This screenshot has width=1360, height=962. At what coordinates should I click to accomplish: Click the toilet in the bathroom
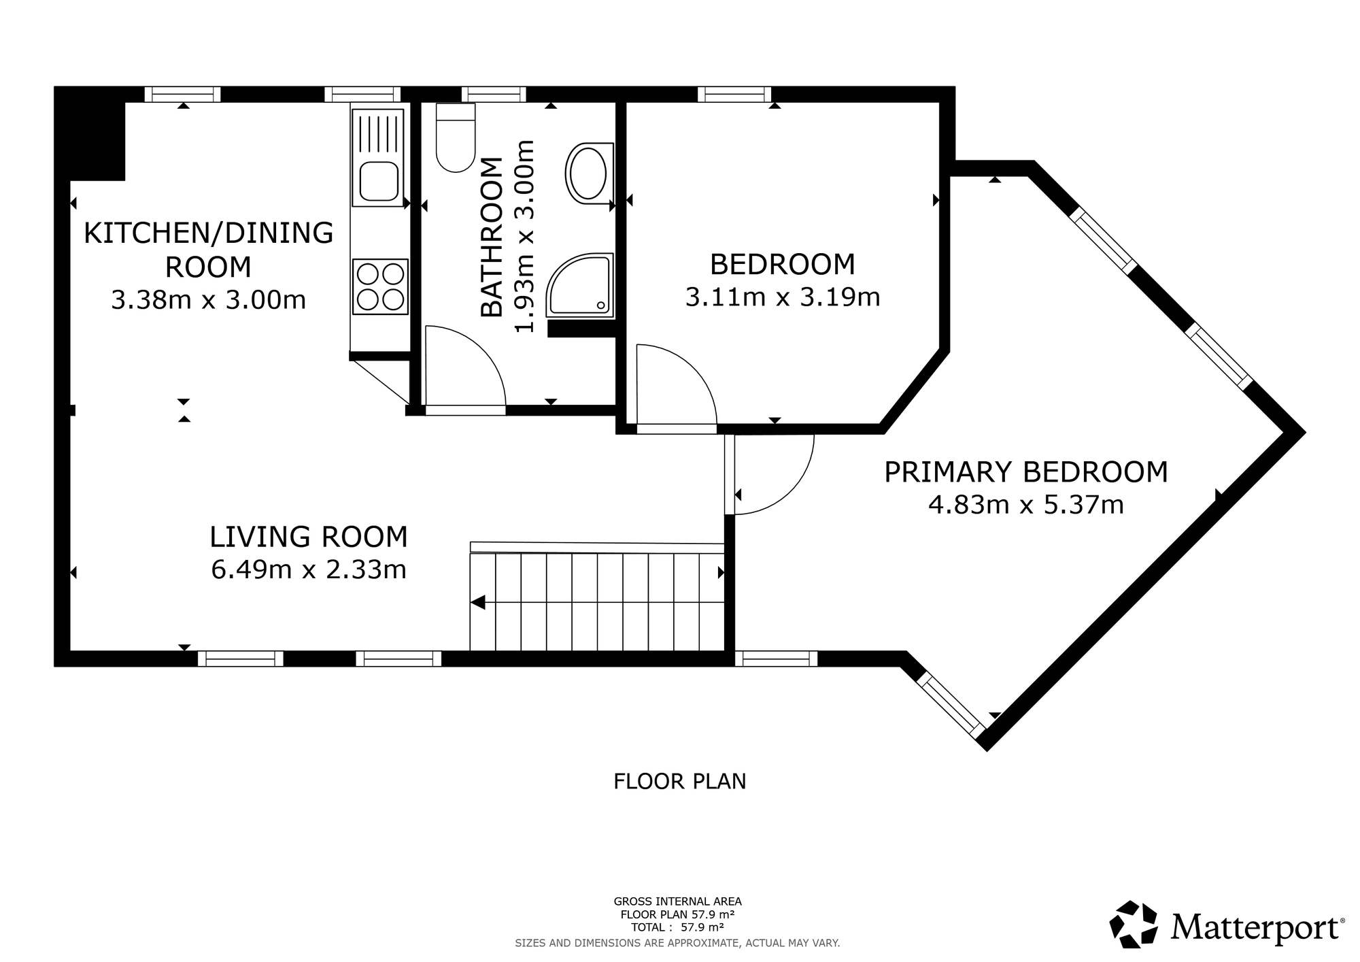coord(455,139)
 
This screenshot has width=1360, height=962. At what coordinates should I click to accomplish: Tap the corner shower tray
coord(580,286)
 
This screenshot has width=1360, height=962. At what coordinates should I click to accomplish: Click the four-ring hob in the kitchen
coord(380,286)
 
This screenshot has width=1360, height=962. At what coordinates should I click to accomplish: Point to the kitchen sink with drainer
coord(377,158)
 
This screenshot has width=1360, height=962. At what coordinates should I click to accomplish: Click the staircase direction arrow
coord(477,602)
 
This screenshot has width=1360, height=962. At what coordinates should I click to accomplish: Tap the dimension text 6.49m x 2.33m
coord(309,570)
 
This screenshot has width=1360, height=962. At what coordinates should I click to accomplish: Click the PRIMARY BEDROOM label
coord(1025,472)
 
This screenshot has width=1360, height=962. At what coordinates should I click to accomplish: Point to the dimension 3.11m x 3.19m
coord(782,297)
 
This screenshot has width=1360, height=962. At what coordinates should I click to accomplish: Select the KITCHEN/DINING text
coord(208,233)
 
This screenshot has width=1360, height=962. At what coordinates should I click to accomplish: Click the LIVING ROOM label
coord(309,537)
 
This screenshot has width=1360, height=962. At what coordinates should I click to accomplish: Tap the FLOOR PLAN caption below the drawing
coord(679,781)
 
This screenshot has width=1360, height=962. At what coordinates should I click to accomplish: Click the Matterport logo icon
coord(1133,924)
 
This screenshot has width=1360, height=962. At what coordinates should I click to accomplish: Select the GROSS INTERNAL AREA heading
coord(677,901)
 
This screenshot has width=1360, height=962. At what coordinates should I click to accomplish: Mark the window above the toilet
coord(494,94)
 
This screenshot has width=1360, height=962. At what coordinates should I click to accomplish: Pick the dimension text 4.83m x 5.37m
coord(1025,505)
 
